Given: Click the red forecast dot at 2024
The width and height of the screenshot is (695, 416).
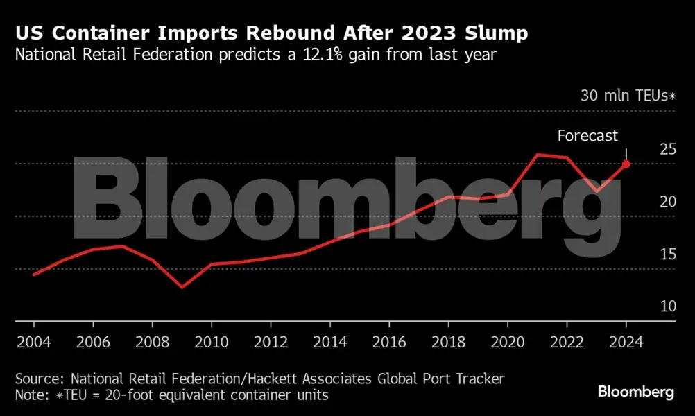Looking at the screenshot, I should coord(626,164).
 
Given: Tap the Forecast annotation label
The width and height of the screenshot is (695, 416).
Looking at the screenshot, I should coord(587,136).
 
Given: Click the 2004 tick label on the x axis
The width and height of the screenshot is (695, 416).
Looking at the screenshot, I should coord(33,342).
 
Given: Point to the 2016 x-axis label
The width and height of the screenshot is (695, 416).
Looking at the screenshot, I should coord(388,342).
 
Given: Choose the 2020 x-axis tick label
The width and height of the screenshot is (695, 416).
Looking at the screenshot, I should coord(507,342).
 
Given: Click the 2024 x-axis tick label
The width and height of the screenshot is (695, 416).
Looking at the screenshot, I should coord(626,342).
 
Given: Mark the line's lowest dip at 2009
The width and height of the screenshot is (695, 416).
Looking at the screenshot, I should coord(182,286).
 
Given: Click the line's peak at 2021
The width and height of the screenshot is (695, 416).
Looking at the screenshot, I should coord(537,154).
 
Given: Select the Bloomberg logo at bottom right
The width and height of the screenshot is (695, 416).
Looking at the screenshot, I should coord(635,392).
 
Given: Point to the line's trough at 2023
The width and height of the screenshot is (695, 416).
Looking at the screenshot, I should coord(597,191).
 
